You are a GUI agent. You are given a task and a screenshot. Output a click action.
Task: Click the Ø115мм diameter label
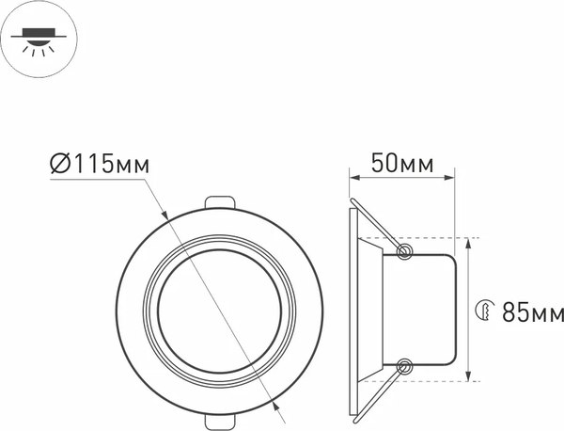[x=99, y=164]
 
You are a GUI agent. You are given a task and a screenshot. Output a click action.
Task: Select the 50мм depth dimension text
[x=402, y=164]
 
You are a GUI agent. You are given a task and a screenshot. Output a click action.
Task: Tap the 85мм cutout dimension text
[x=530, y=310]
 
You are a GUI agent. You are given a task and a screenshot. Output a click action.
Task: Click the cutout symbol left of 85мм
[x=485, y=310]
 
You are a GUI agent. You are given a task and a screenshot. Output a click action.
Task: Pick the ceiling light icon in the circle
[x=36, y=37]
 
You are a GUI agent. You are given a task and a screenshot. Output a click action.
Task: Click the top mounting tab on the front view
[x=218, y=204]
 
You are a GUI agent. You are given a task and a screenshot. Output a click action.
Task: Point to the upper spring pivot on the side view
[x=405, y=251]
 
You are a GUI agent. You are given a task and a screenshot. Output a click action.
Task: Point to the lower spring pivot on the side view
[x=405, y=366]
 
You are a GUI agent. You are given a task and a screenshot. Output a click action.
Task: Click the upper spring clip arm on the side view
[x=376, y=226]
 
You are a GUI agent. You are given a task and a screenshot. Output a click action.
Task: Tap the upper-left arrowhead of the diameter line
[x=166, y=215]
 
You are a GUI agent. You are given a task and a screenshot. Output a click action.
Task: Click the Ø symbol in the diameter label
[x=58, y=164]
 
